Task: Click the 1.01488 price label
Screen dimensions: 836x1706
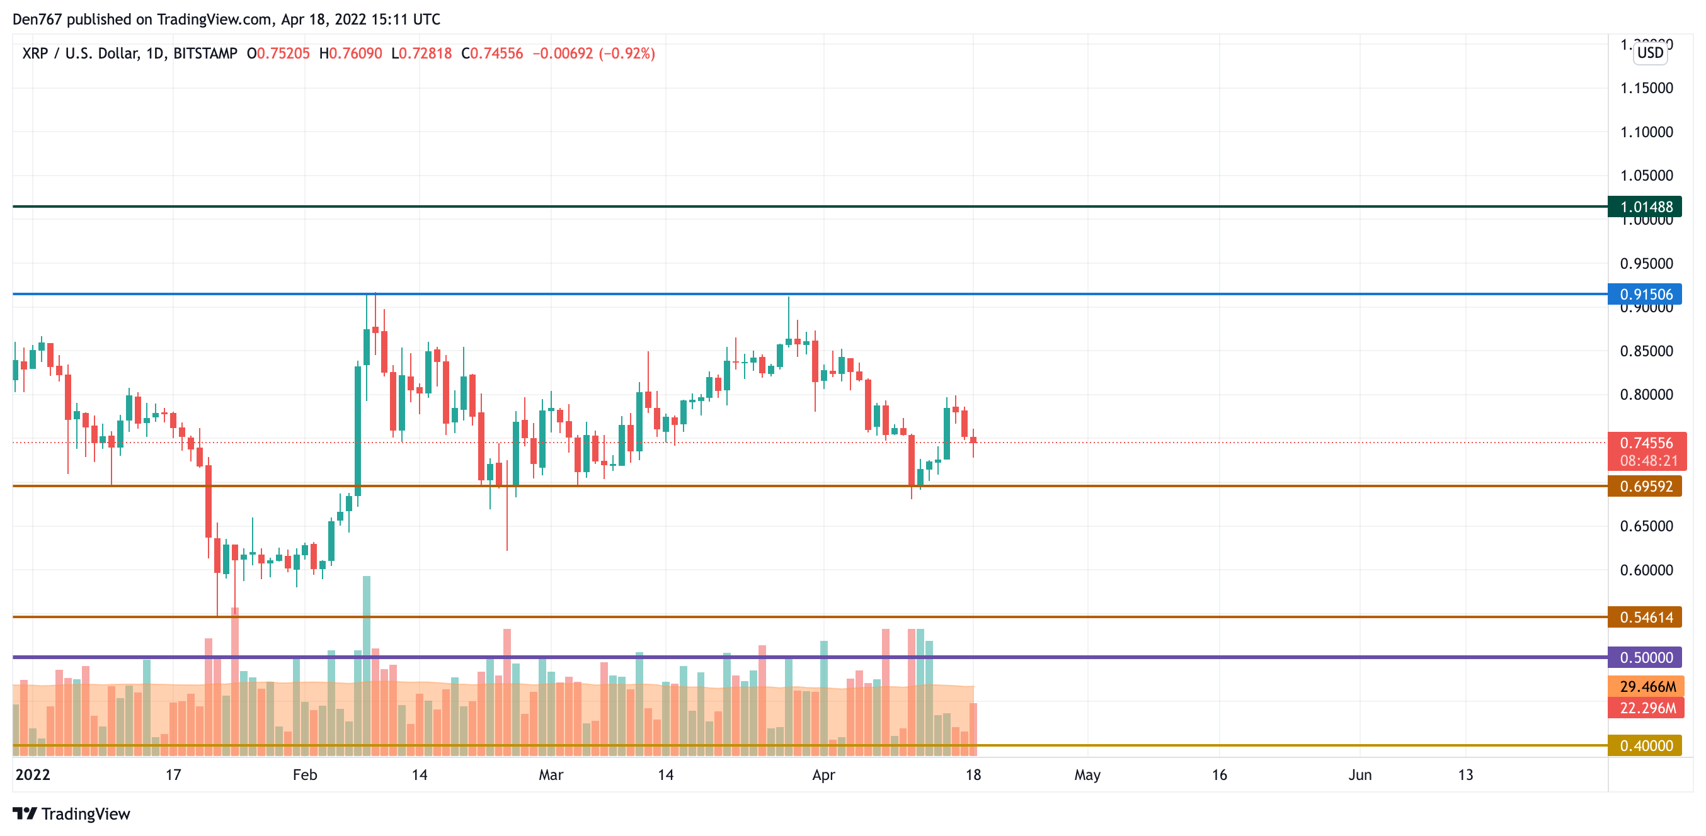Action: tap(1645, 206)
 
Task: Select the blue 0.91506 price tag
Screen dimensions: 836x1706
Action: tap(1645, 294)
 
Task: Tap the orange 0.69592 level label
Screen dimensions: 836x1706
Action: tap(1645, 487)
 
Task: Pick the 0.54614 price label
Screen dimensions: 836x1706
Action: tap(1645, 617)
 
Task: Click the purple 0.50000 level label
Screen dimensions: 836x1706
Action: tap(1645, 657)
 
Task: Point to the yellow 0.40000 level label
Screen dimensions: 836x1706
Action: tap(1645, 745)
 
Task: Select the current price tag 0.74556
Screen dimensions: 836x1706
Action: tap(1646, 443)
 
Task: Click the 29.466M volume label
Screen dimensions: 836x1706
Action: tap(1647, 686)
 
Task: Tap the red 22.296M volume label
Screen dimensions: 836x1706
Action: tap(1647, 708)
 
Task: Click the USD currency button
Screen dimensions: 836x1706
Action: tap(1650, 53)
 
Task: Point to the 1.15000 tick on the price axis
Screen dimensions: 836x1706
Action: tap(1646, 88)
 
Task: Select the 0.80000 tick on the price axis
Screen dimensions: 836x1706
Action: tap(1646, 395)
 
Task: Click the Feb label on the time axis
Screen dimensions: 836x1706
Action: tap(305, 774)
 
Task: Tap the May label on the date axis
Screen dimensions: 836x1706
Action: tap(1087, 774)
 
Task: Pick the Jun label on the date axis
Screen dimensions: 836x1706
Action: tap(1360, 774)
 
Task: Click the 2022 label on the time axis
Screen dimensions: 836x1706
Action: tap(33, 774)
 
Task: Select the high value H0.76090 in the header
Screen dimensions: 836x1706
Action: tap(350, 54)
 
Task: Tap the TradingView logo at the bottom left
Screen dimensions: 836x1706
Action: tap(72, 813)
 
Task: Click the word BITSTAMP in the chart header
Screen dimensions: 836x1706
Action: tap(205, 54)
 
